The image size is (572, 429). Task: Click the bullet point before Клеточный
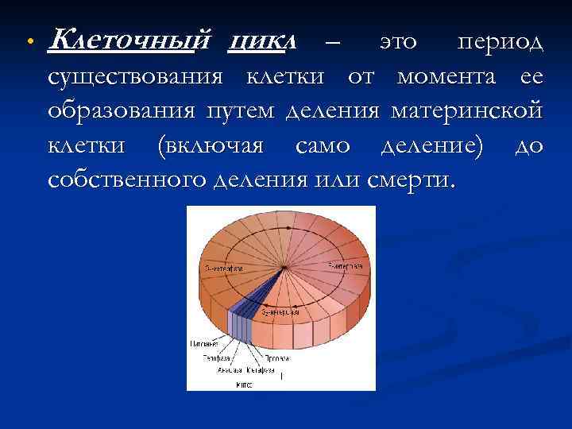pos(27,41)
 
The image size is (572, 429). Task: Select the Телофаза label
pos(211,358)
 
